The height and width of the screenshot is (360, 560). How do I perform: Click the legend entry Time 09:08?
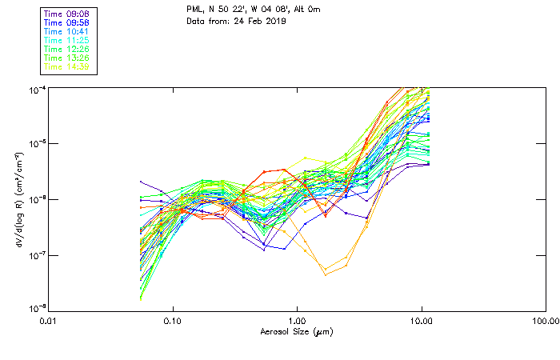click(x=66, y=14)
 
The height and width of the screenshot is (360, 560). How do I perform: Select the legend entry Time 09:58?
click(x=66, y=22)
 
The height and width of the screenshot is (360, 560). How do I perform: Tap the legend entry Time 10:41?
click(x=66, y=31)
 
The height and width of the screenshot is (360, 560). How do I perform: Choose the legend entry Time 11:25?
click(x=66, y=40)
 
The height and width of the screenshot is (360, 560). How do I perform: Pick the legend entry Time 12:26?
click(x=66, y=49)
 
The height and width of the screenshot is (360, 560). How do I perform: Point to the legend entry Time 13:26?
click(x=66, y=58)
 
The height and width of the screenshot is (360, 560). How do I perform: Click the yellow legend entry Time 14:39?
click(x=66, y=66)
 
